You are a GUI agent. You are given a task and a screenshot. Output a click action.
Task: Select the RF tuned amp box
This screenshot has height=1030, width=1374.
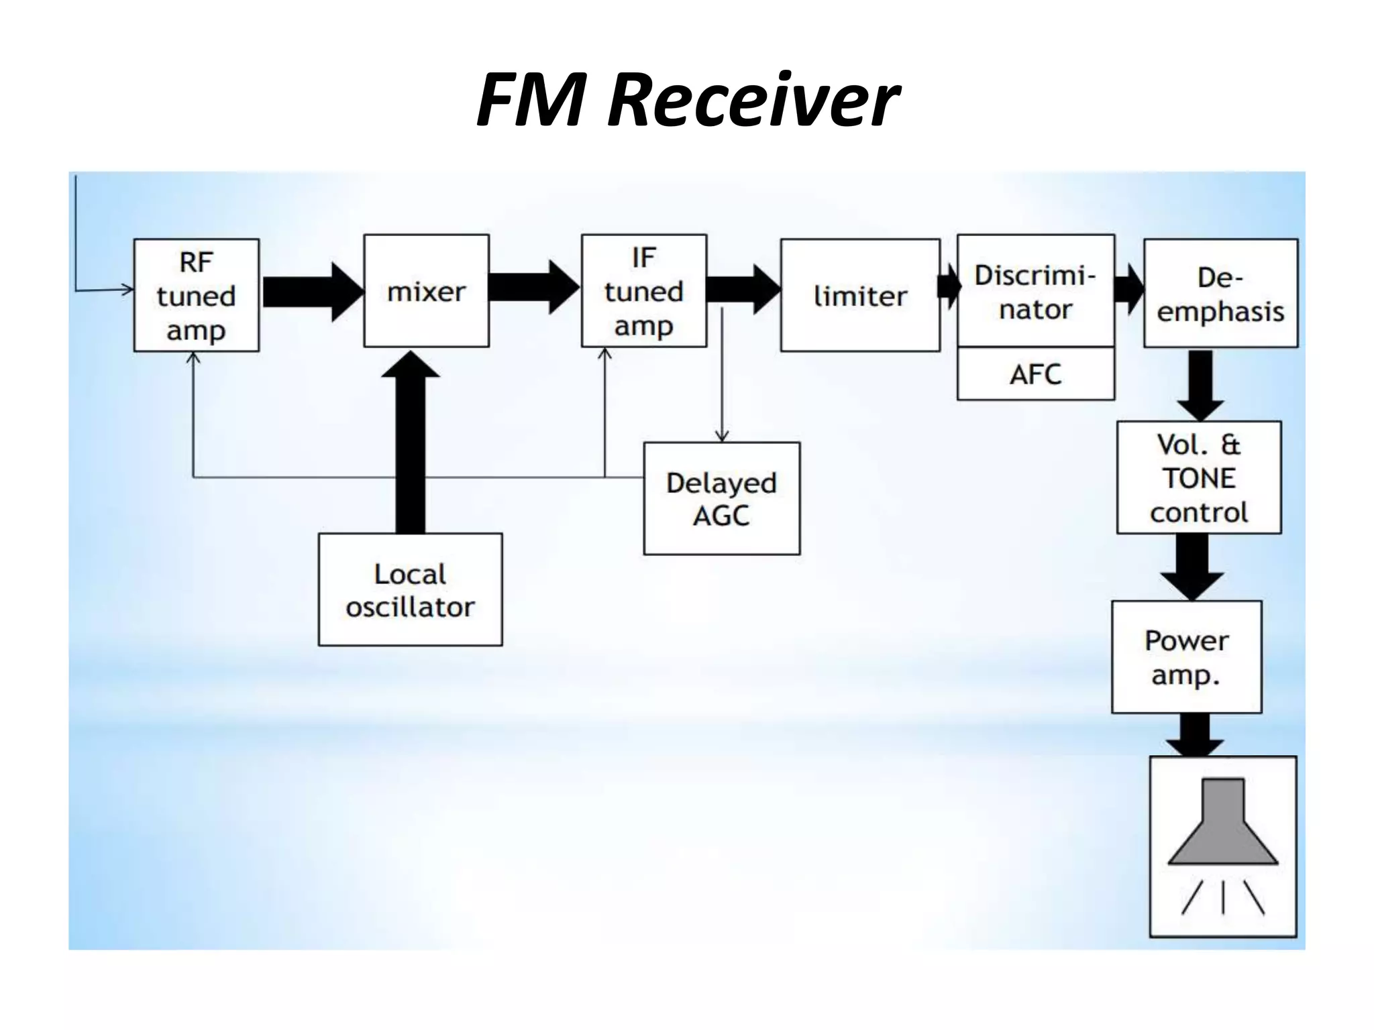[196, 295]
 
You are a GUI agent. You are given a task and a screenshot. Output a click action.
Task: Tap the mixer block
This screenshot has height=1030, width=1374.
[426, 291]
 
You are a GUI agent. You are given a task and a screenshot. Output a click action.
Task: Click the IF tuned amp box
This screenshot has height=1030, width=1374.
[643, 291]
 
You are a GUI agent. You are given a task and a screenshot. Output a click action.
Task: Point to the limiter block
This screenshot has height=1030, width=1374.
[860, 295]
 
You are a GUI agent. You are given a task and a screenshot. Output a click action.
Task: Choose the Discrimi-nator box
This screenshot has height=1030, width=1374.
[1035, 291]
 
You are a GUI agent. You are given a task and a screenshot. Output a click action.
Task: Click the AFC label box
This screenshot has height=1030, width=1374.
[1035, 374]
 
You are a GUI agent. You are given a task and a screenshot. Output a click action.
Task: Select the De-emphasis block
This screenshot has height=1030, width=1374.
[1220, 294]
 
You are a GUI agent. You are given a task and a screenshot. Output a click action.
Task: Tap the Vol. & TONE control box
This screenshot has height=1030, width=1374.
[1199, 477]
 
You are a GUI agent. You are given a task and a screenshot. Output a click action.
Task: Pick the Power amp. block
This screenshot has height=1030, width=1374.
[1186, 657]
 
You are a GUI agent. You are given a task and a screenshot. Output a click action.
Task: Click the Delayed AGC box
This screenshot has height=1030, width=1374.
[721, 498]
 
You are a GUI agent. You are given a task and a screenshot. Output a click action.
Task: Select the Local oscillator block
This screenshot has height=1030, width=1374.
[410, 589]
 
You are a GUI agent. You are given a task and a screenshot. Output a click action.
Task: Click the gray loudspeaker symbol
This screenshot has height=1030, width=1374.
[1222, 825]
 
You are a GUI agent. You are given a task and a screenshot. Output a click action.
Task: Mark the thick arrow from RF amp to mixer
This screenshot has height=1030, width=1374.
[312, 292]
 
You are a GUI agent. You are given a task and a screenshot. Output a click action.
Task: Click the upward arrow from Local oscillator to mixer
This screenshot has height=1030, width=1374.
[410, 443]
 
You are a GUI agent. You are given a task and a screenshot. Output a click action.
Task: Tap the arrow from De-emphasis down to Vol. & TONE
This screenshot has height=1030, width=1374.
[1200, 386]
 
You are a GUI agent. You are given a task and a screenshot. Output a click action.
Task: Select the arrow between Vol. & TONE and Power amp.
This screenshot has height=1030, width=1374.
[1192, 567]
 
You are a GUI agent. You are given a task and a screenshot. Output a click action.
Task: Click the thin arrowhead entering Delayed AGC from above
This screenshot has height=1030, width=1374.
[722, 435]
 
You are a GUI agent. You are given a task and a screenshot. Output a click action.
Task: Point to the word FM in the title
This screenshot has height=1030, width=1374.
[530, 101]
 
